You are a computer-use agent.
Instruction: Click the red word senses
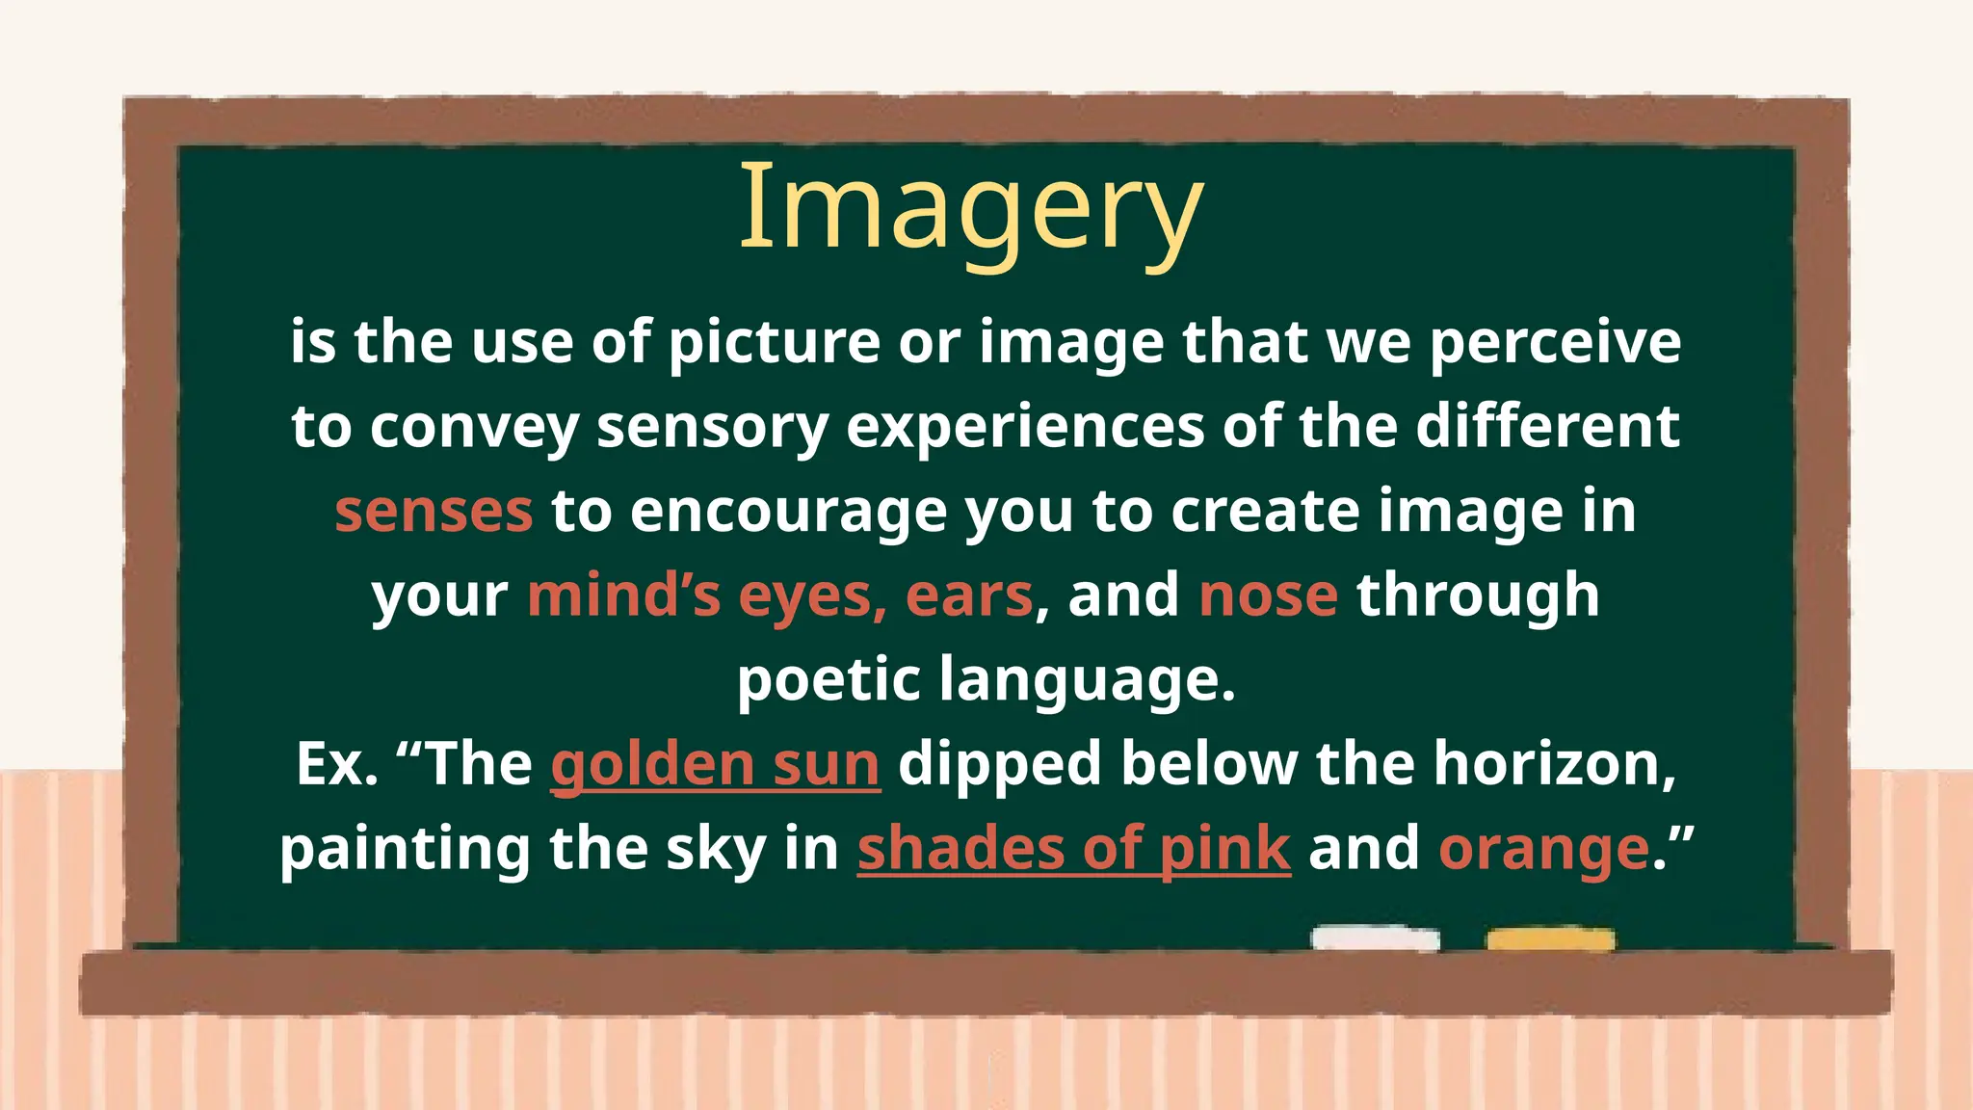[434, 511]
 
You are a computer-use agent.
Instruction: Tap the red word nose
[1268, 595]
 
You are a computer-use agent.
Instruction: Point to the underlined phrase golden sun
[715, 764]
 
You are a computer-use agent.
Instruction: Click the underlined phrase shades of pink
[1073, 849]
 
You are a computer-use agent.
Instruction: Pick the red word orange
[1543, 849]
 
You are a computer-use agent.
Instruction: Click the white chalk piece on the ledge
[1375, 938]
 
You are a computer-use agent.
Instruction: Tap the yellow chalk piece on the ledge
[1550, 939]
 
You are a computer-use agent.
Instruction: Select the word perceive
[1555, 342]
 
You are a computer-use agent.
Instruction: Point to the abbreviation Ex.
[336, 764]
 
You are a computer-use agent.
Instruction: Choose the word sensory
[712, 427]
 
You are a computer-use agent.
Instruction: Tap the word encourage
[788, 511]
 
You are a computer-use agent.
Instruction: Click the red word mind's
[623, 595]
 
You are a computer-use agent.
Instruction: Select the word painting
[405, 849]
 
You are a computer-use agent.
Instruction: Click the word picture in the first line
[774, 342]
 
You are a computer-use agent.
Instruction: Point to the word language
[1086, 679]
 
